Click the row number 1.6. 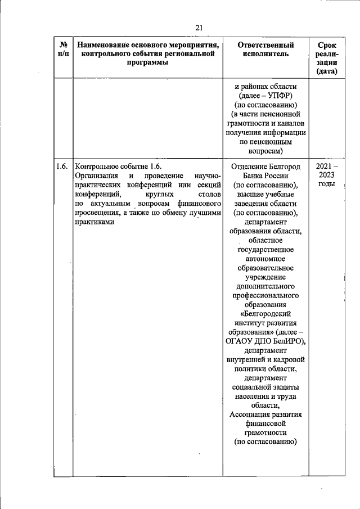(62, 166)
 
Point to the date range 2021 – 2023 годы (326, 175)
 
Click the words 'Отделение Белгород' (266, 166)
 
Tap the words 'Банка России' (266, 175)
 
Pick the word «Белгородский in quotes (266, 313)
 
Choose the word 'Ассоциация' (251, 415)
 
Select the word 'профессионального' (266, 295)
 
